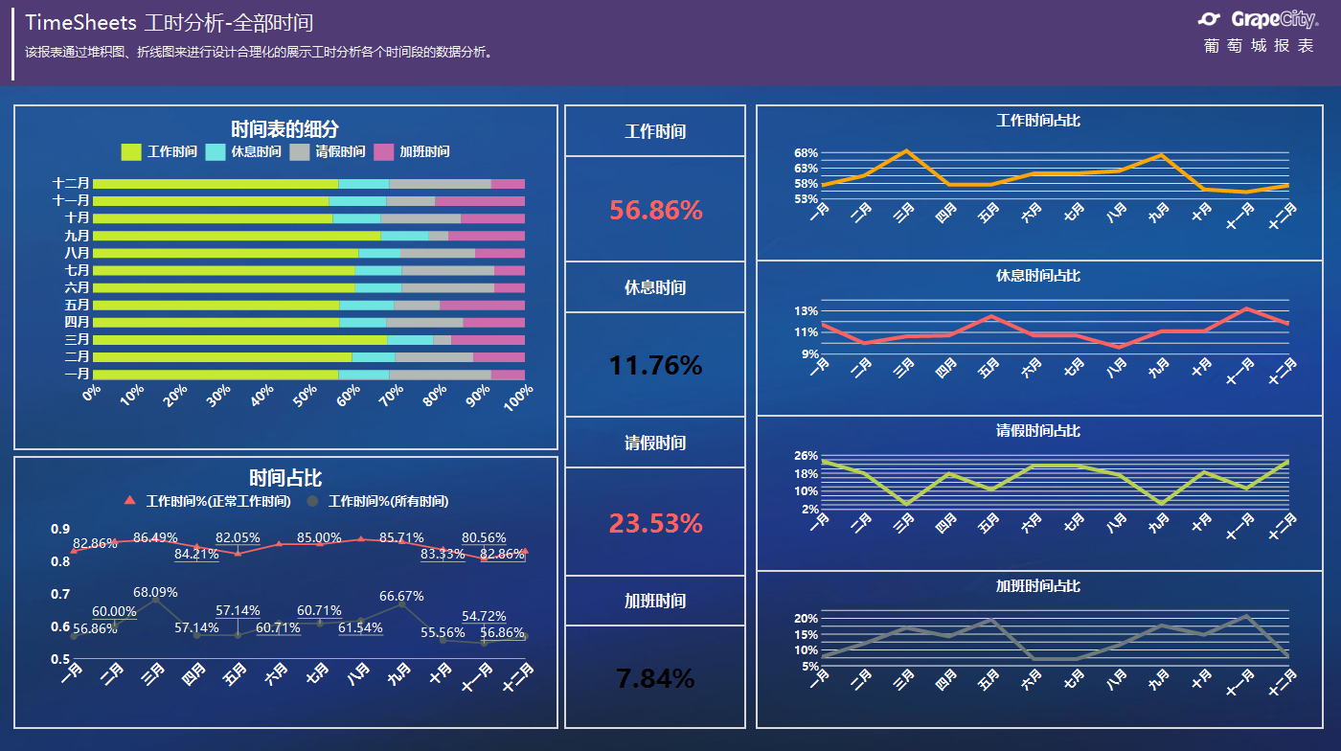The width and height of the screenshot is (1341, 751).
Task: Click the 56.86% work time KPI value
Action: tap(656, 211)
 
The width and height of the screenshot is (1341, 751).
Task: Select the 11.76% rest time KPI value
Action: tap(656, 365)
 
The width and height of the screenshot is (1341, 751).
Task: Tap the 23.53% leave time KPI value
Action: tap(656, 523)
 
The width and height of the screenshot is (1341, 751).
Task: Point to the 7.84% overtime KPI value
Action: tap(655, 678)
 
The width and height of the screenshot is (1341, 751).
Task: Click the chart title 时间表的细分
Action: tap(284, 129)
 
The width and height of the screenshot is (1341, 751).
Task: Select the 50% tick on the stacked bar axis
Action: tap(305, 394)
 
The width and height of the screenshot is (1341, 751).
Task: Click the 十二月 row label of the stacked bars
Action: tap(71, 183)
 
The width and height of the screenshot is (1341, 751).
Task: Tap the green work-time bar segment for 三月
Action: tap(239, 339)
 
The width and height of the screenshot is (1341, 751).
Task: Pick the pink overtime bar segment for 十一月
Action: tap(480, 201)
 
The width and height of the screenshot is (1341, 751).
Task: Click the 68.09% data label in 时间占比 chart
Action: tap(154, 592)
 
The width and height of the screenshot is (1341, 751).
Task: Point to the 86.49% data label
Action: tap(154, 537)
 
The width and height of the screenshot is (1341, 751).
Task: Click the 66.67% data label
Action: tap(401, 596)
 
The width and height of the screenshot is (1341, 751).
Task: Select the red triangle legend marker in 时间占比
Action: tap(130, 500)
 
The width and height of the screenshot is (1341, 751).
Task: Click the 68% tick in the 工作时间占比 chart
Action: tap(806, 153)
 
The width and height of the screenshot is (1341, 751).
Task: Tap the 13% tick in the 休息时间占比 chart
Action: tap(806, 311)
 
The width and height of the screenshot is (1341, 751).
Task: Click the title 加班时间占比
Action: tap(1038, 585)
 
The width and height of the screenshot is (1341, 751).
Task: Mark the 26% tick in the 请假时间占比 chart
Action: tap(806, 456)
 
